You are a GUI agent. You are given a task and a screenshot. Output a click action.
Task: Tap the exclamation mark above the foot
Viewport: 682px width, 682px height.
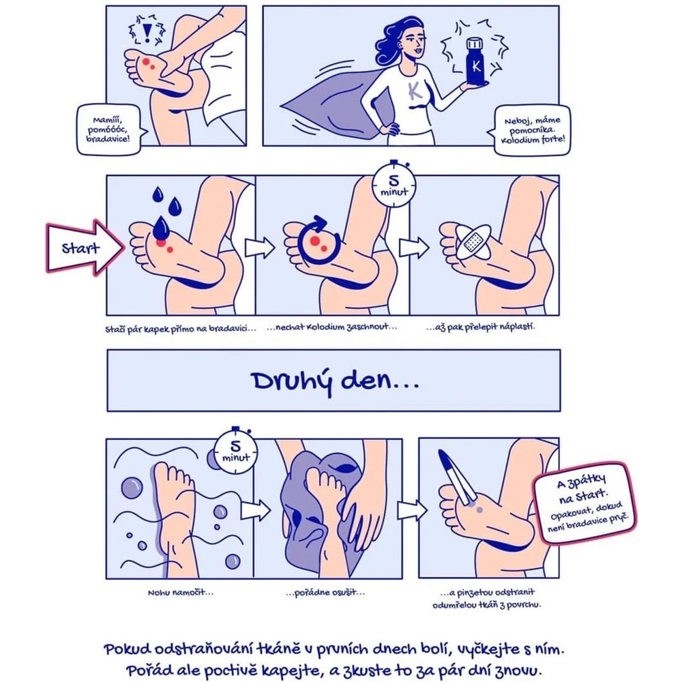pos(148,32)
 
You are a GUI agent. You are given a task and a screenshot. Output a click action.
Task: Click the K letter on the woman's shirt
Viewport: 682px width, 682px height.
pos(415,91)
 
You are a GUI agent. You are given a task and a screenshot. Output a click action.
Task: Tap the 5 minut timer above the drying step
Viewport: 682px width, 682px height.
pos(394,184)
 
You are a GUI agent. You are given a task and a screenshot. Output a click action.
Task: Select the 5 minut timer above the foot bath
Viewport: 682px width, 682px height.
pos(235,451)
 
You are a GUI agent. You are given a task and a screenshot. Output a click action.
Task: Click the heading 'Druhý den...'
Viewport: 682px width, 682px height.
pos(335,381)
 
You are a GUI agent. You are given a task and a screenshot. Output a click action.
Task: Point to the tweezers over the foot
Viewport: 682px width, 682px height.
pos(457,477)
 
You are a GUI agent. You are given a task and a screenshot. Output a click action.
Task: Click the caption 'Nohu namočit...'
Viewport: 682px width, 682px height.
pos(181,593)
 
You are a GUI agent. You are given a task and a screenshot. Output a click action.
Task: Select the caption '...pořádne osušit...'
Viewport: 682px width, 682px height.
pos(325,593)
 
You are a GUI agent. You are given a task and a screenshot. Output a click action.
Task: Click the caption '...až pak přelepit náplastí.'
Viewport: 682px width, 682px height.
pos(481,326)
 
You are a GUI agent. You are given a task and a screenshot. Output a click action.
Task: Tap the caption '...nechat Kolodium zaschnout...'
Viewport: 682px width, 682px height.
pos(332,327)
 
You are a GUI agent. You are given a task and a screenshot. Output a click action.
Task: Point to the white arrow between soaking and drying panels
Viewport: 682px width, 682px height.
pos(256,509)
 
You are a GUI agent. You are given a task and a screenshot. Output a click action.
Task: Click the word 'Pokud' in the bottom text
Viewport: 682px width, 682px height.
pos(128,650)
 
